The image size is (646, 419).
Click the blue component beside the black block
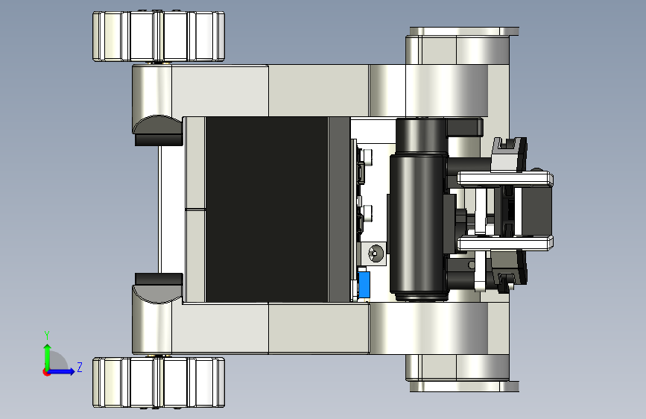coord(364,284)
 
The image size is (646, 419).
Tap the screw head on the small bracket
coord(376,253)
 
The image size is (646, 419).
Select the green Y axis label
coord(47,335)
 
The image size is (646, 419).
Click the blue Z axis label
coord(80,367)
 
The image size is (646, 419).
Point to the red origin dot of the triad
coord(45,372)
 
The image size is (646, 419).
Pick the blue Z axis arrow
coord(61,371)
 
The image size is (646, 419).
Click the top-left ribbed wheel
coord(159,37)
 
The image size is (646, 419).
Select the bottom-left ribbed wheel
coord(159,382)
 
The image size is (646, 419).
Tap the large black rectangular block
coord(267,209)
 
